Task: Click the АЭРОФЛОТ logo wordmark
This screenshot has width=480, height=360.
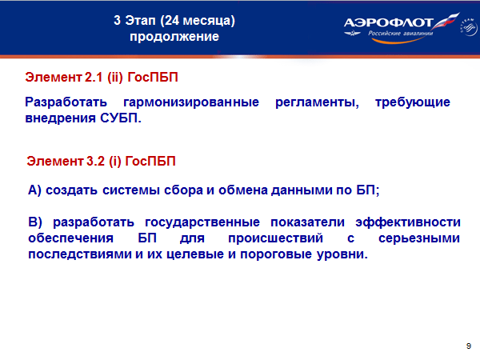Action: point(388,23)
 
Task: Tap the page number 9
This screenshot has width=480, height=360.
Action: point(468,346)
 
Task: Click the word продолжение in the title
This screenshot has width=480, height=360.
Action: point(174,37)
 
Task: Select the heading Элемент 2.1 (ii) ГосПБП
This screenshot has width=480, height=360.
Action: point(102,77)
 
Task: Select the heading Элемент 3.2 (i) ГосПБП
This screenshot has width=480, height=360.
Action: point(101,161)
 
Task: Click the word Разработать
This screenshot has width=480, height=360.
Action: point(66,102)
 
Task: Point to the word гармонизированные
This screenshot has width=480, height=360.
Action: point(191,102)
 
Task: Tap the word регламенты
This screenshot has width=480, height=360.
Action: point(317,102)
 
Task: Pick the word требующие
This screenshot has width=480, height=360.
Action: point(413,102)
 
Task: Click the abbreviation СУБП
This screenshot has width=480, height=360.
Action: point(121,118)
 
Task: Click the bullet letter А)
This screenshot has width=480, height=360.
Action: point(34,190)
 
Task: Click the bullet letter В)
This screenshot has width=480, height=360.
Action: point(35,222)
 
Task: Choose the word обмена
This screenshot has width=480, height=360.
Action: point(243,190)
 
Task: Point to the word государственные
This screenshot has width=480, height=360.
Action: point(202,222)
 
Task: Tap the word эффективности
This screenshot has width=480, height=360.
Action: point(408,222)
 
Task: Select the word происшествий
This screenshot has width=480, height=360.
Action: point(275,238)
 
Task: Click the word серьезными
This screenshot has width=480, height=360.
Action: point(419,238)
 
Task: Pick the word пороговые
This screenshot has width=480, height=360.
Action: point(276,254)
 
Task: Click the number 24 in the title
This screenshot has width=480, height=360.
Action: point(172,21)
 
